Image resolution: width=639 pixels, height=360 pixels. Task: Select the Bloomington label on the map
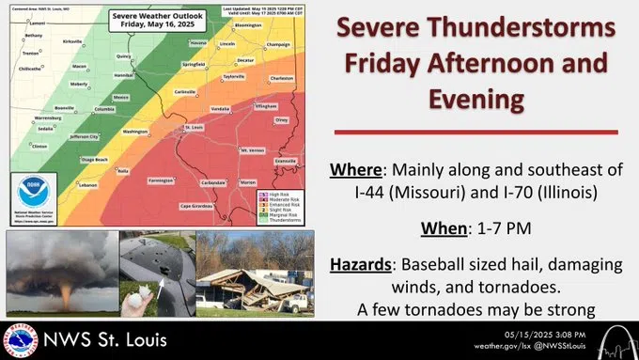(248, 25)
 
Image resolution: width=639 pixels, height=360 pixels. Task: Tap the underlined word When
(428, 227)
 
